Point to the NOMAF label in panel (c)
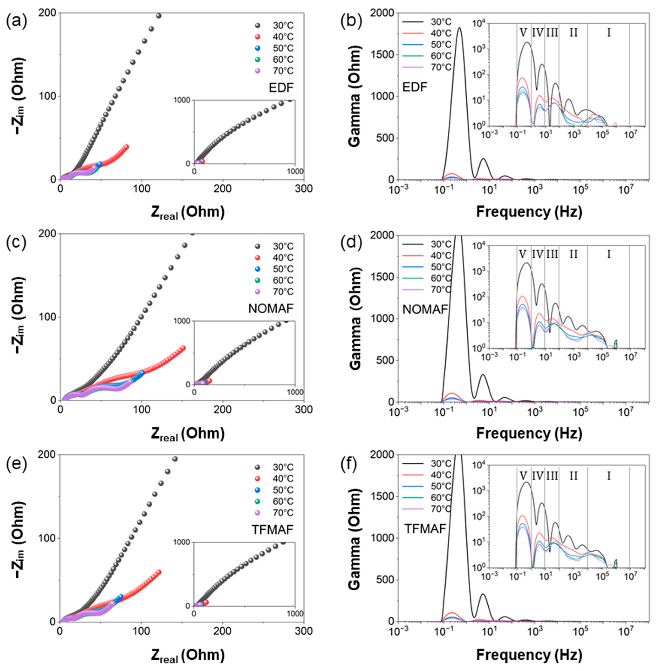tap(271, 308)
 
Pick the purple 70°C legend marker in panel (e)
tap(257, 513)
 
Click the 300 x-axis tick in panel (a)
tap(304, 189)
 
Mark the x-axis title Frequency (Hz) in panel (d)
tap(529, 433)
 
